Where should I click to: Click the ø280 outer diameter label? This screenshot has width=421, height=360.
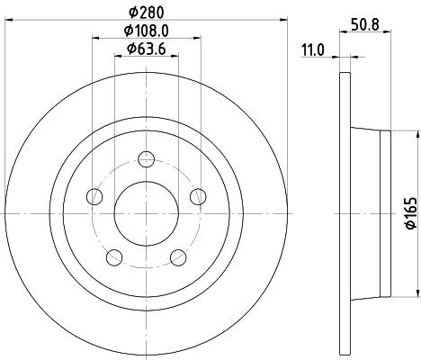pyautogui.click(x=147, y=12)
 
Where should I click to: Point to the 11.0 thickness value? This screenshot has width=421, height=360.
pyautogui.click(x=312, y=50)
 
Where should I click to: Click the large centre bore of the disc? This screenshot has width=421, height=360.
pyautogui.click(x=147, y=214)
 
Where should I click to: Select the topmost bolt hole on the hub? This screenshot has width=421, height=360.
pyautogui.click(x=147, y=159)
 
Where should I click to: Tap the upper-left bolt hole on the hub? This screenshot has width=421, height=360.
pyautogui.click(x=94, y=197)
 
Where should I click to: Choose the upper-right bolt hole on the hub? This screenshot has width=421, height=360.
pyautogui.click(x=199, y=197)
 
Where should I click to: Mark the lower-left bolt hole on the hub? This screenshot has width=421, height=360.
pyautogui.click(x=114, y=258)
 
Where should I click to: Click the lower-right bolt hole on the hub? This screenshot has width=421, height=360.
pyautogui.click(x=179, y=258)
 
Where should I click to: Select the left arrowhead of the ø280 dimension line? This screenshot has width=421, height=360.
pyautogui.click(x=9, y=20)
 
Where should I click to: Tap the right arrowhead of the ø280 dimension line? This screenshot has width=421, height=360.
pyautogui.click(x=284, y=20)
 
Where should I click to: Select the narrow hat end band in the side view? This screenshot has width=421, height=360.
pyautogui.click(x=388, y=214)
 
